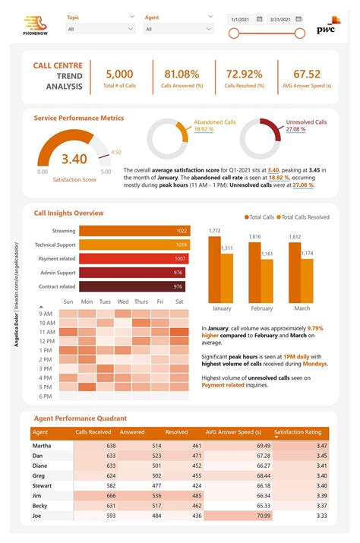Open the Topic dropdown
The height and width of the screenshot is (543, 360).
pos(100,29)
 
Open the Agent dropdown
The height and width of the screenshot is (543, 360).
pos(178,29)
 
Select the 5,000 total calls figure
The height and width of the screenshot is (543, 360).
pos(119,74)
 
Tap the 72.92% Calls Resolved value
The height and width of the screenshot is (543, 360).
pos(244,74)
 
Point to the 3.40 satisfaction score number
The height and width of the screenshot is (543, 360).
pos(74,159)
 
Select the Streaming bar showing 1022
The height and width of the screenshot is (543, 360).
pos(134,231)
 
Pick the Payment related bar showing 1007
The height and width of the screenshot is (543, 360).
pos(134,258)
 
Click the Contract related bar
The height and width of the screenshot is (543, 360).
pos(132,286)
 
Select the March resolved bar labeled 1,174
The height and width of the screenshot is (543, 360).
pos(307,281)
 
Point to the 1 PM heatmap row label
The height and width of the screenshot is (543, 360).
pos(46,350)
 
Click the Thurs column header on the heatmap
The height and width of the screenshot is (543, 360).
pos(141,301)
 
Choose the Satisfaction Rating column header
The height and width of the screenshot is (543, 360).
pos(302,432)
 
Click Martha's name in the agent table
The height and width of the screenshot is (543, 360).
pos(42,445)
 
